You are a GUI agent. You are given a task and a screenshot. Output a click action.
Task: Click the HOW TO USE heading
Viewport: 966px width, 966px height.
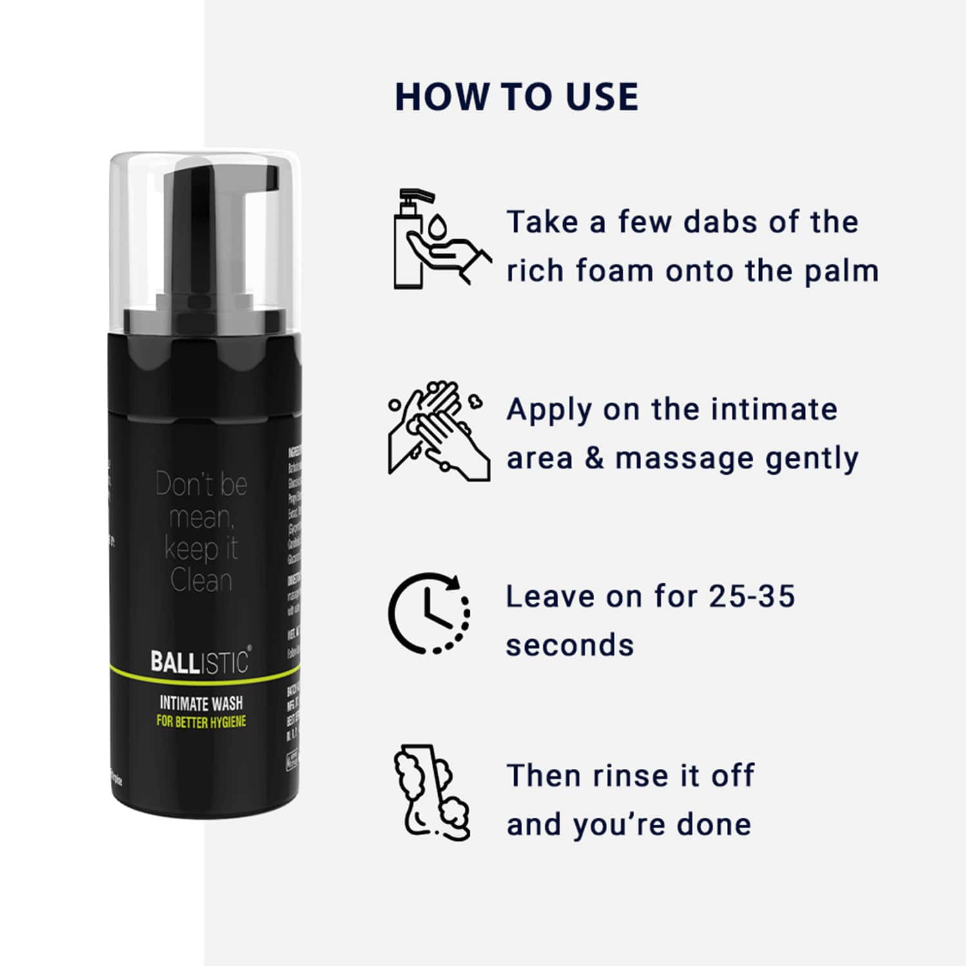point(516,97)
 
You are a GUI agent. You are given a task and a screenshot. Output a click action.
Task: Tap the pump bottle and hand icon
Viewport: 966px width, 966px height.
point(438,238)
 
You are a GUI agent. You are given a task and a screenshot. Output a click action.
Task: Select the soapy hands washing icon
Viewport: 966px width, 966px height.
point(438,430)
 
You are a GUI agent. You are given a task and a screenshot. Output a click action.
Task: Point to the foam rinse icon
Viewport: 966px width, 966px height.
point(430,793)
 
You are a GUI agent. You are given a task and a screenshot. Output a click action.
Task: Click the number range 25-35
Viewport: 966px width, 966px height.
point(751,596)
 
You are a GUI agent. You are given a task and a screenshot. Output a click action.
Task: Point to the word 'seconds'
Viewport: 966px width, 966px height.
point(570,645)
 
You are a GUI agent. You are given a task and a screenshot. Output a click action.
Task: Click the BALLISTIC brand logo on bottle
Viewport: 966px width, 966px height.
point(200,662)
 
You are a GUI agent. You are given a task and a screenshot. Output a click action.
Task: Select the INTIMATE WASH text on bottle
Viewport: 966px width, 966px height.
point(201,703)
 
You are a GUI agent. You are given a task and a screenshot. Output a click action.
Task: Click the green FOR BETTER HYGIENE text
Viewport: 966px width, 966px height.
point(201,721)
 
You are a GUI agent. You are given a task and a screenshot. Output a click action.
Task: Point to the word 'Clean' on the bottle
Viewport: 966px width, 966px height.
point(201,581)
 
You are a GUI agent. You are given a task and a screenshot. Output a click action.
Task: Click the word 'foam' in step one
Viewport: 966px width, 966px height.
point(613,271)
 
